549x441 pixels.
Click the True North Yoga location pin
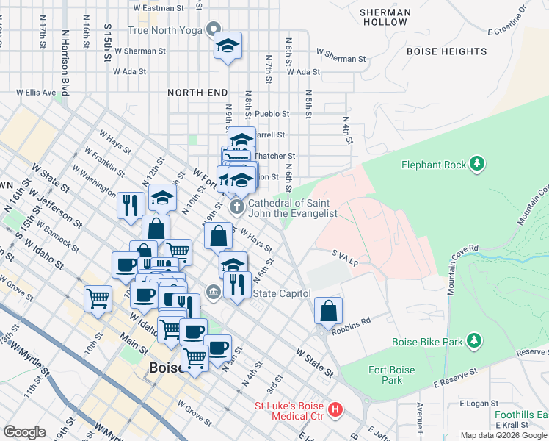[214, 30]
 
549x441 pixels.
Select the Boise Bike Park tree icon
[475, 340]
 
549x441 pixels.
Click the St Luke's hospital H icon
[335, 409]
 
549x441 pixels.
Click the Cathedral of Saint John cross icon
[237, 207]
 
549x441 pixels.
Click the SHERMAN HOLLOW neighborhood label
[384, 17]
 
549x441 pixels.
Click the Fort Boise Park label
[392, 375]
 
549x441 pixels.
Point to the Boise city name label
[165, 368]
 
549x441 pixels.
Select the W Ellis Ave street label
[36, 93]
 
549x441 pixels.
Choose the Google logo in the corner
[25, 432]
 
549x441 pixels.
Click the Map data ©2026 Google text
[503, 435]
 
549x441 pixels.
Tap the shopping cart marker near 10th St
[98, 298]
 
